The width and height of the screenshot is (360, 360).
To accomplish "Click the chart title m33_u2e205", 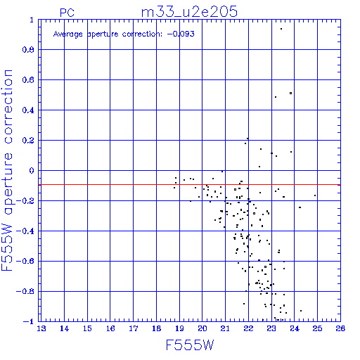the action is pyautogui.click(x=189, y=12).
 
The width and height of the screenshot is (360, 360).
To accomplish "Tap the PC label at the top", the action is pyautogui.click(x=67, y=13).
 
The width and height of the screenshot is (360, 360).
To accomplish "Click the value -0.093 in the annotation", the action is pyautogui.click(x=181, y=34).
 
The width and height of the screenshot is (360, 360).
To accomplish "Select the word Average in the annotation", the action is pyautogui.click(x=68, y=34).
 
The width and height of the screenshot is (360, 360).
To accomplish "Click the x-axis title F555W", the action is pyautogui.click(x=190, y=345).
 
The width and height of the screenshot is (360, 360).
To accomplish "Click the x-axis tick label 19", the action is pyautogui.click(x=179, y=328).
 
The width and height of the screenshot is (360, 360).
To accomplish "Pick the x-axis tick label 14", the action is pyautogui.click(x=64, y=328).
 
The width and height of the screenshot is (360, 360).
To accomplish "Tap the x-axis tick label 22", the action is pyautogui.click(x=248, y=328).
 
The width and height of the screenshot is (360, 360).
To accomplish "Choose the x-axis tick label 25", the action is pyautogui.click(x=317, y=328).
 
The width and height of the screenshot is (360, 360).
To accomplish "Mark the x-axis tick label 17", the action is pyautogui.click(x=134, y=328).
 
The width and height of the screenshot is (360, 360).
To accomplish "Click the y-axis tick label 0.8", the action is pyautogui.click(x=28, y=50).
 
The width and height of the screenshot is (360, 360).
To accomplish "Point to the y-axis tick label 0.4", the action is pyautogui.click(x=28, y=110).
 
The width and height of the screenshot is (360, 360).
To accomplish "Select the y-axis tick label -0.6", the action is pyautogui.click(x=25, y=261).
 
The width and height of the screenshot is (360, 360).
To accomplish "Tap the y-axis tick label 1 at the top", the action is pyautogui.click(x=32, y=20).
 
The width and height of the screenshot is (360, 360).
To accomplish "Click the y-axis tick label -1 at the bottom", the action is pyautogui.click(x=29, y=321).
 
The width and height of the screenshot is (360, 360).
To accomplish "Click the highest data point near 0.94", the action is pyautogui.click(x=281, y=29).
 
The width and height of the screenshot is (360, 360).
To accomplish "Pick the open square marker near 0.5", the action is pyautogui.click(x=291, y=94).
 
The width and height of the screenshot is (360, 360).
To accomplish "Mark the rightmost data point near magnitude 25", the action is pyautogui.click(x=315, y=195).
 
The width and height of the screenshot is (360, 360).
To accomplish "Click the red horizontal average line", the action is pyautogui.click(x=189, y=185).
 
